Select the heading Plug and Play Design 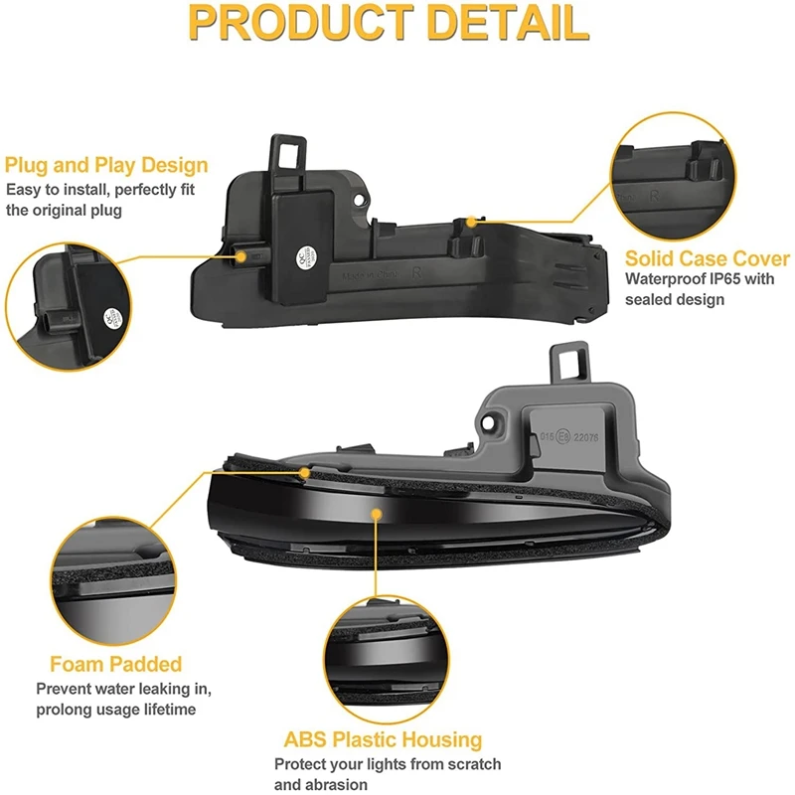click(x=106, y=165)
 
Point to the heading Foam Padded click(x=116, y=664)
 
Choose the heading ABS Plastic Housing click(x=383, y=739)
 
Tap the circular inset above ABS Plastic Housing click(x=383, y=655)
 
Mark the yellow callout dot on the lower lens click(x=376, y=514)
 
